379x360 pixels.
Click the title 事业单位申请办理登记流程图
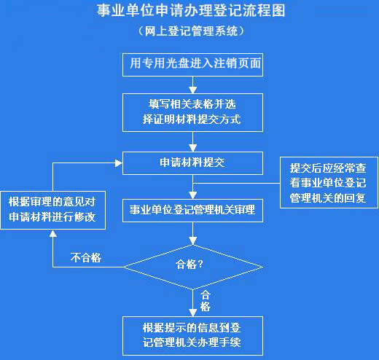pyautogui.click(x=191, y=11)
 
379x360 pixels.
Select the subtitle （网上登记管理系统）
pyautogui.click(x=191, y=31)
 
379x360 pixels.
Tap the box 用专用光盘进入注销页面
pyautogui.click(x=192, y=65)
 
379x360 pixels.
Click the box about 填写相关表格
pyautogui.click(x=192, y=113)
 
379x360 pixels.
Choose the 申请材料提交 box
pyautogui.click(x=192, y=163)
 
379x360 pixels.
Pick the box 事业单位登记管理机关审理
pyautogui.click(x=192, y=211)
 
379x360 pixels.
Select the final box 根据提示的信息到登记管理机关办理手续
pyautogui.click(x=192, y=336)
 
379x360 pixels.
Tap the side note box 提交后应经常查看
pyautogui.click(x=329, y=182)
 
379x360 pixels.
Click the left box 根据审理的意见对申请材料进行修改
pyautogui.click(x=53, y=210)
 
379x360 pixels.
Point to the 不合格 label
pyautogui.click(x=86, y=257)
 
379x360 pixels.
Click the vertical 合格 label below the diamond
pyautogui.click(x=206, y=301)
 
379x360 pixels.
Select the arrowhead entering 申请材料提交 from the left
pyautogui.click(x=119, y=163)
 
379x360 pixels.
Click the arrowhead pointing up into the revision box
pyautogui.click(x=53, y=233)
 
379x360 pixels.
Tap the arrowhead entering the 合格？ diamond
pyautogui.click(x=193, y=240)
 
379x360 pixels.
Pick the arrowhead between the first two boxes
pyautogui.click(x=193, y=90)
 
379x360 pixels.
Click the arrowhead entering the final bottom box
pyautogui.click(x=193, y=313)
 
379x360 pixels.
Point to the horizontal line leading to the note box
pyautogui.click(x=236, y=183)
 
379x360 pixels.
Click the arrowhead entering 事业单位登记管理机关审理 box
pyautogui.click(x=193, y=195)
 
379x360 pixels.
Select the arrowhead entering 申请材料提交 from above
pyautogui.click(x=193, y=148)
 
